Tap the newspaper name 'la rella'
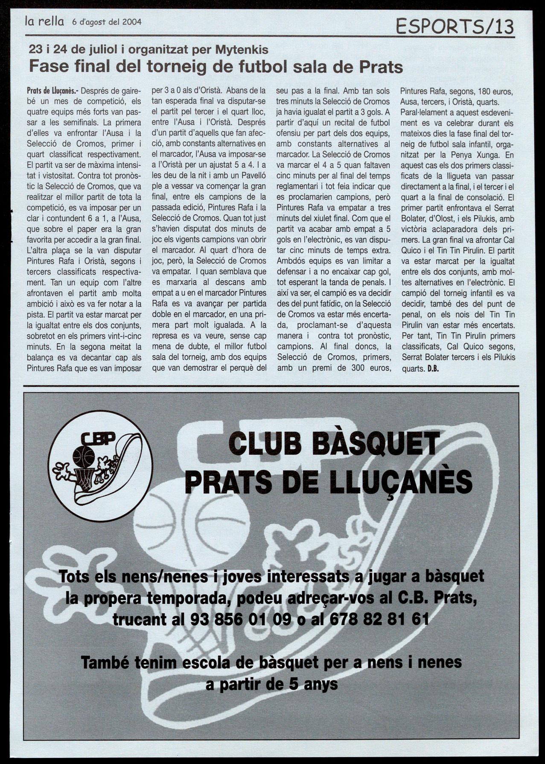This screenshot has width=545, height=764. tap(44, 21)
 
